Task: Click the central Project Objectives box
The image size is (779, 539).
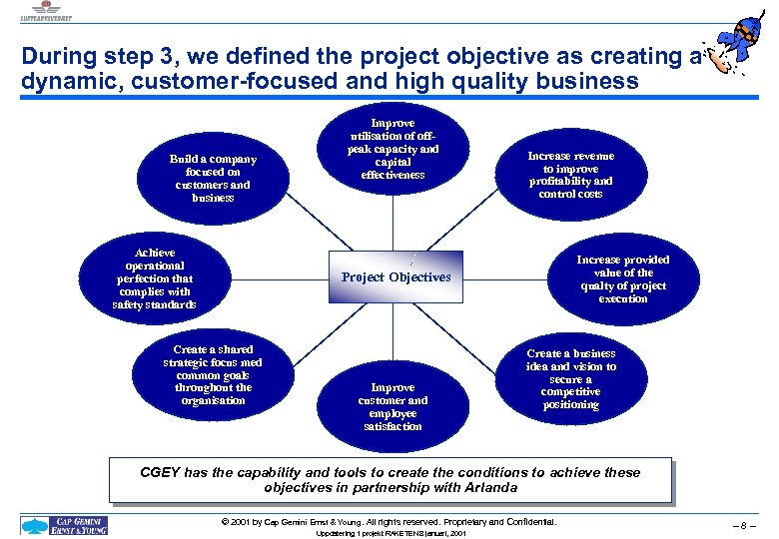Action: pyautogui.click(x=395, y=276)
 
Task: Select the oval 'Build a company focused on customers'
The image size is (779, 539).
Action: pyautogui.click(x=212, y=178)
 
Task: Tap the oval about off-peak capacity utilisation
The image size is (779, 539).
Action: pyautogui.click(x=392, y=151)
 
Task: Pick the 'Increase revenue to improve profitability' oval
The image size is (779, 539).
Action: pyautogui.click(x=570, y=175)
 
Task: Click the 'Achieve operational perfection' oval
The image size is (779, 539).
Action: pyautogui.click(x=154, y=278)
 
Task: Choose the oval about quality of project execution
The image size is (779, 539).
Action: pyautogui.click(x=622, y=278)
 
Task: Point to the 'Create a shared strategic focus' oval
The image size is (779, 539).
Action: pyautogui.click(x=212, y=374)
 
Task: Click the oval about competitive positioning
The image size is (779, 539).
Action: pyautogui.click(x=570, y=378)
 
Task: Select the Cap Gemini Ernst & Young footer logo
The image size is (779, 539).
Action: pyautogui.click(x=65, y=524)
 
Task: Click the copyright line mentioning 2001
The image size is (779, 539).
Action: pyautogui.click(x=390, y=522)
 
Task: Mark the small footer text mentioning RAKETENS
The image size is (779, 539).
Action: pyautogui.click(x=389, y=535)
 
